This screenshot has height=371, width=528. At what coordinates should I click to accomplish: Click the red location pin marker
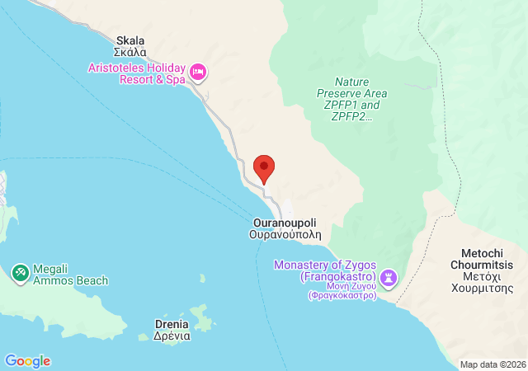pyautogui.click(x=264, y=168)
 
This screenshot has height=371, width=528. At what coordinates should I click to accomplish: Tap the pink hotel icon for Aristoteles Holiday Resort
pyautogui.click(x=198, y=73)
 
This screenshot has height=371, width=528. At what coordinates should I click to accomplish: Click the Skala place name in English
pyautogui.click(x=130, y=40)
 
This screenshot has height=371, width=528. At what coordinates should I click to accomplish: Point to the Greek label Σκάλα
pyautogui.click(x=131, y=51)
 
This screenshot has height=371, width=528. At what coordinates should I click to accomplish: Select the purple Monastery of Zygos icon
pyautogui.click(x=389, y=276)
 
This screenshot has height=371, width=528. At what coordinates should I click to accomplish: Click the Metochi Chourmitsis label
pyautogui.click(x=482, y=259)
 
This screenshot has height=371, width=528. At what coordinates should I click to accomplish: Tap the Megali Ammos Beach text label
pyautogui.click(x=70, y=275)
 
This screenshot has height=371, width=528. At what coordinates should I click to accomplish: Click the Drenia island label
pyautogui.click(x=172, y=324)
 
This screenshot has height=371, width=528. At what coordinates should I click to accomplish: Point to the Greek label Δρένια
pyautogui.click(x=172, y=336)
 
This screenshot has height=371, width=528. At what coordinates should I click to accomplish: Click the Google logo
pyautogui.click(x=27, y=361)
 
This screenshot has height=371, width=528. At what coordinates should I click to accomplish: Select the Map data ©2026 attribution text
pyautogui.click(x=492, y=364)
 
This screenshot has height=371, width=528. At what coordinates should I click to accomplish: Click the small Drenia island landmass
pyautogui.click(x=201, y=317)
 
